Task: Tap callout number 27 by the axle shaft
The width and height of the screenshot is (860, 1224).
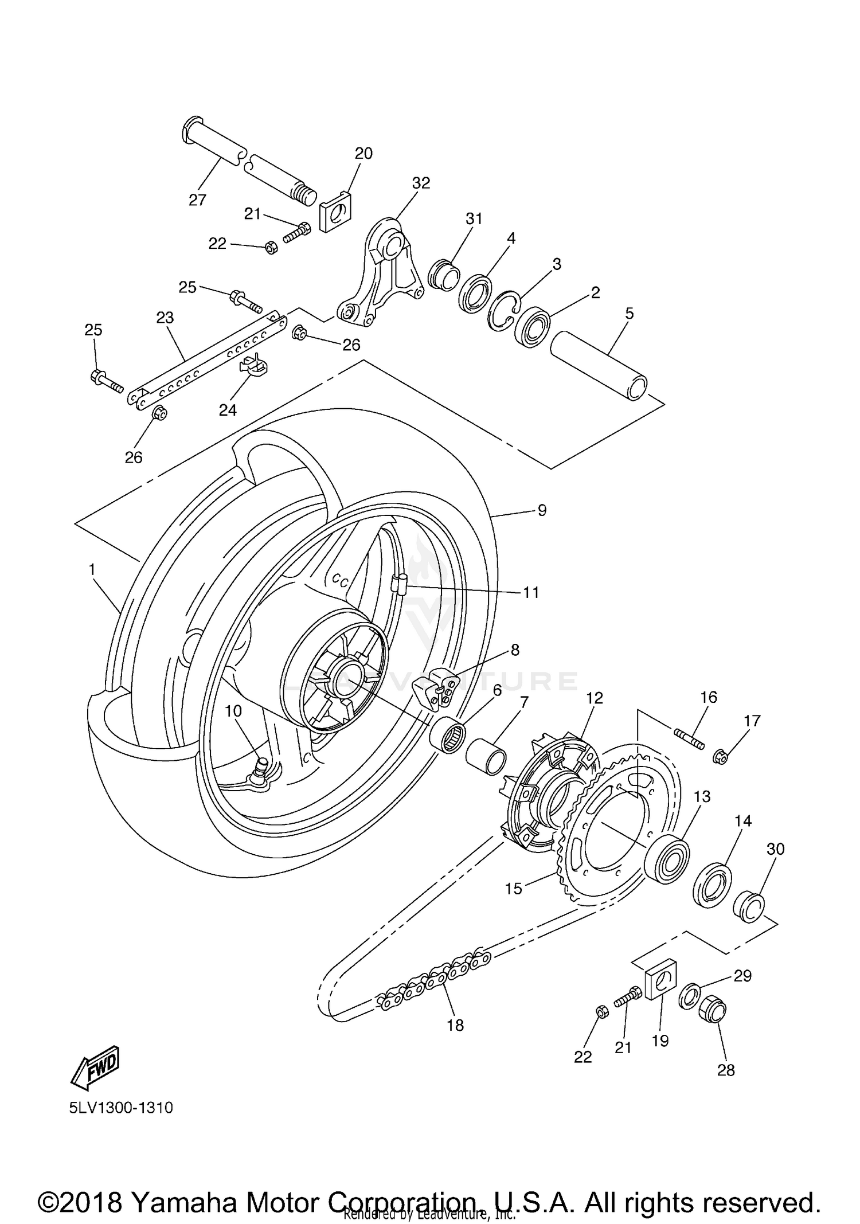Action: coord(197,200)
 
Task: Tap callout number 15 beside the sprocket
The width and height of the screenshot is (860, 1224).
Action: coord(514,888)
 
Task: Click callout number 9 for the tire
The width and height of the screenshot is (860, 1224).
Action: coord(542,510)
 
